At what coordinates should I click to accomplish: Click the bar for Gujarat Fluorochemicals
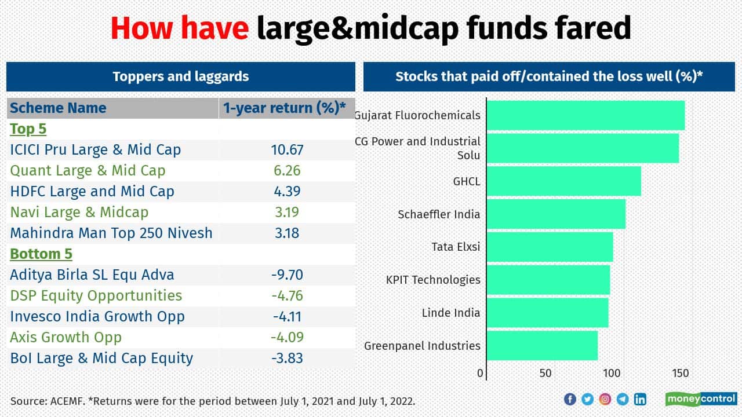point(585,115)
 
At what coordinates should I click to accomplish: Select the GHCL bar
point(563,181)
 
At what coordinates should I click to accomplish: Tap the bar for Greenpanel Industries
point(542,346)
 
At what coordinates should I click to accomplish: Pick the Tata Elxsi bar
point(550,247)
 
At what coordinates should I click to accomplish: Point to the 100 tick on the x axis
point(612,374)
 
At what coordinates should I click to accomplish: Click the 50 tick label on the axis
point(545,374)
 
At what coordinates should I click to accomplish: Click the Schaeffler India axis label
point(439,214)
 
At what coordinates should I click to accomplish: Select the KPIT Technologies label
point(433,280)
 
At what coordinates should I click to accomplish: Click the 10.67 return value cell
point(287,149)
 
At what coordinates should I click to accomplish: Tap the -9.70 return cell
point(287,275)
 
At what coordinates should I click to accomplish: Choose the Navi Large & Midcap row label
point(79,212)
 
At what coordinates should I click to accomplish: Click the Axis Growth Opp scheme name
point(66,337)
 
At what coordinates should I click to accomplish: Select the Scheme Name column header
point(58,108)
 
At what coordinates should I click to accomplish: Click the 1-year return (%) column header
point(284,108)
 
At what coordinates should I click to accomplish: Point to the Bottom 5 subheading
point(41,254)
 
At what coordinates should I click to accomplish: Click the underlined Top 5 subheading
point(28,129)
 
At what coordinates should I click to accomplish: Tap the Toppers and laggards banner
point(180,76)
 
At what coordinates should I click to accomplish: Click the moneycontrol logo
point(701,398)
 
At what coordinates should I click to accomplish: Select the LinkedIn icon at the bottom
point(640,399)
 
